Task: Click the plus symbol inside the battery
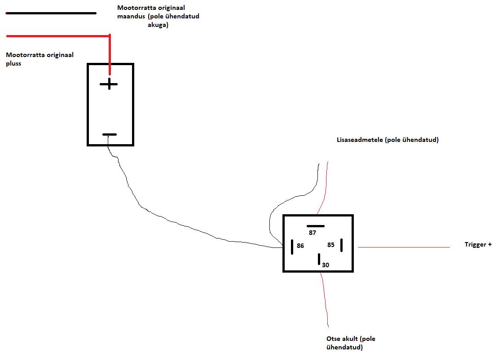tap(109, 84)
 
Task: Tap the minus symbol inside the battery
tap(109, 134)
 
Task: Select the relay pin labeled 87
tap(315, 225)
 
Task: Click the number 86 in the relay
tap(300, 246)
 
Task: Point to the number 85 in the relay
tap(331, 245)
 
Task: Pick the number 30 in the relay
tap(326, 265)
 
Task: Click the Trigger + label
tap(478, 245)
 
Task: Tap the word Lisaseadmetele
tap(358, 140)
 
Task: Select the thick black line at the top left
tap(51, 13)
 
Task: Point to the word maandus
tap(131, 16)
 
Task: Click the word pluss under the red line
tap(13, 63)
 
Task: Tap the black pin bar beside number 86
tap(292, 246)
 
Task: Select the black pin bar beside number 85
tap(341, 245)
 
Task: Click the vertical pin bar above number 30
tap(319, 259)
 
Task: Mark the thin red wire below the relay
tap(325, 299)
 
